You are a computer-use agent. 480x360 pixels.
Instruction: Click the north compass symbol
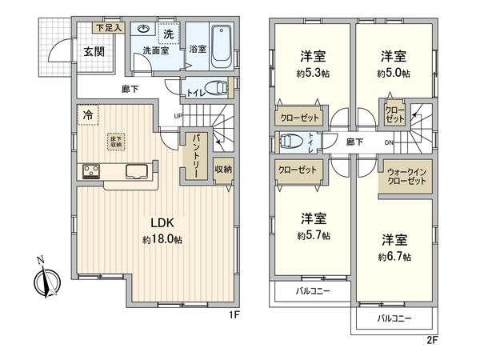(x=46, y=281)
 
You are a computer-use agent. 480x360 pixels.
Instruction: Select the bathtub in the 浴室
(x=223, y=45)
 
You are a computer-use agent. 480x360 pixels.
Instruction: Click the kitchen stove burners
(x=90, y=170)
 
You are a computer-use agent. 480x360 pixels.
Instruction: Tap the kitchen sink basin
(x=135, y=170)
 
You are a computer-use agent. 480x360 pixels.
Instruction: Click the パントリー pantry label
(x=194, y=155)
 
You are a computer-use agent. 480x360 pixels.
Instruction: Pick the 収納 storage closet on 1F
(x=223, y=169)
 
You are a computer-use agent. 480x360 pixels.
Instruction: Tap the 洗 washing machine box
(x=169, y=34)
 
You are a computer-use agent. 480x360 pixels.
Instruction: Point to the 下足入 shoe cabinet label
(x=108, y=28)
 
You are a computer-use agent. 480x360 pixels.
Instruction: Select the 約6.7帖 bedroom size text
(x=396, y=257)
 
